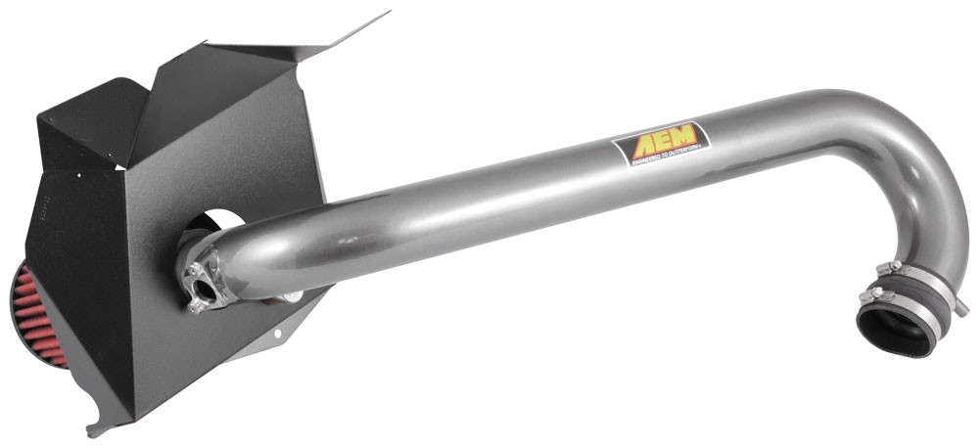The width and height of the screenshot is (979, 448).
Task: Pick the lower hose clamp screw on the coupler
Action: (x=865, y=294)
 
